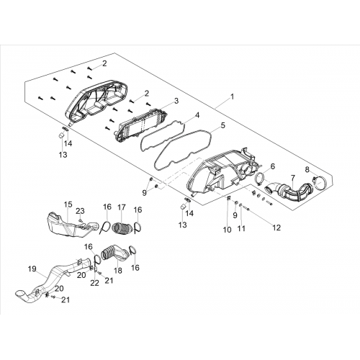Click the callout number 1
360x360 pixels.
[232, 96]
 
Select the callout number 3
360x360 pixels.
[176, 101]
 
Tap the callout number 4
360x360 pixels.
[197, 115]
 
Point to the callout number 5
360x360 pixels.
[223, 125]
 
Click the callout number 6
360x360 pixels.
[273, 166]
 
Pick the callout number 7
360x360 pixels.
[293, 178]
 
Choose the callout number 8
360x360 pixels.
[307, 170]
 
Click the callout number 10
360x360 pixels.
[227, 230]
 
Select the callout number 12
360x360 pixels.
[276, 228]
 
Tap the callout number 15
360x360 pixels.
[68, 204]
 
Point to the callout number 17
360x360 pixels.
[122, 207]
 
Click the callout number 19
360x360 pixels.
[32, 269]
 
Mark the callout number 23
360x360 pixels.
[80, 211]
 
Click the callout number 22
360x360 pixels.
[94, 283]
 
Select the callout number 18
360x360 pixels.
[118, 271]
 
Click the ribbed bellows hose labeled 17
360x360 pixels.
[122, 228]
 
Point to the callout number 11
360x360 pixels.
[241, 228]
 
